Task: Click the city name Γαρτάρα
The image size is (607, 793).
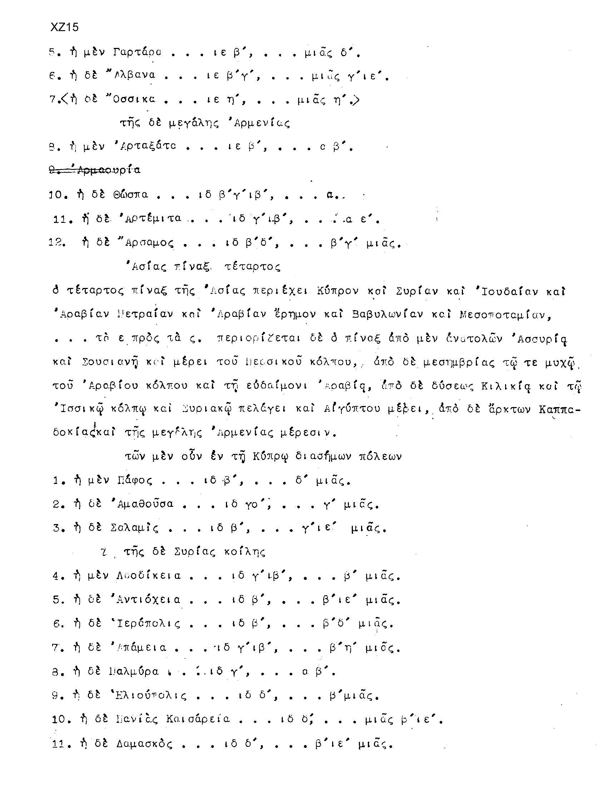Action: click(x=137, y=53)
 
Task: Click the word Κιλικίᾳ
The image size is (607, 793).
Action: click(x=506, y=386)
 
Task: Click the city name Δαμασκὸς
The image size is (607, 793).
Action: click(x=144, y=744)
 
